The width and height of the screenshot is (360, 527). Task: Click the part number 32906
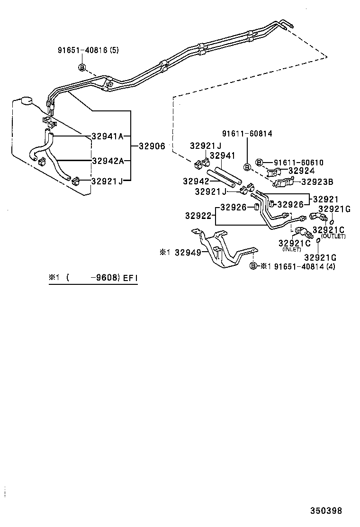click(x=152, y=146)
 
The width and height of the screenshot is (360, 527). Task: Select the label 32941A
click(x=108, y=136)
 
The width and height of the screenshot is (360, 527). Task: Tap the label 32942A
click(x=108, y=161)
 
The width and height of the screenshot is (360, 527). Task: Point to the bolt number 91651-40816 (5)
click(x=88, y=50)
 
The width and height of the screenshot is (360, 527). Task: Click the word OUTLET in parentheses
click(x=333, y=236)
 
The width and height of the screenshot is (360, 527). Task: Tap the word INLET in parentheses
click(x=292, y=249)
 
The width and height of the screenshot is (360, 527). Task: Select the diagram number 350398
click(x=326, y=511)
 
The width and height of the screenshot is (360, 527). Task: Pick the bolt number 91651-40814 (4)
click(x=307, y=266)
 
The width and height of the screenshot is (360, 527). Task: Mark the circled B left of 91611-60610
click(x=260, y=162)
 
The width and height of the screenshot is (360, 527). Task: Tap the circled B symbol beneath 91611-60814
click(x=247, y=167)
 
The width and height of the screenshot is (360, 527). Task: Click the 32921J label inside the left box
click(x=108, y=181)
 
